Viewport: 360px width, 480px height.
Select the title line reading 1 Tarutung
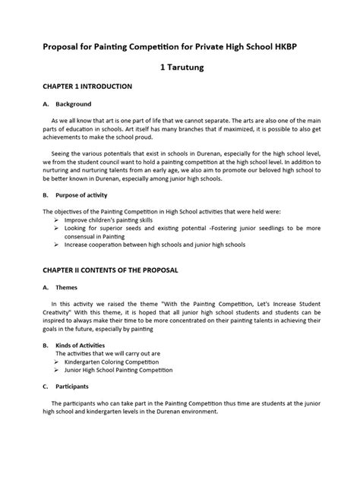pos(179,67)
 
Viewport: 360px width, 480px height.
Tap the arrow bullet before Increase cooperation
pos(57,245)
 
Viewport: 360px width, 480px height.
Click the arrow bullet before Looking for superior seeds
pos(57,228)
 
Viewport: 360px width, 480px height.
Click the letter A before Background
pos(45,104)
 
